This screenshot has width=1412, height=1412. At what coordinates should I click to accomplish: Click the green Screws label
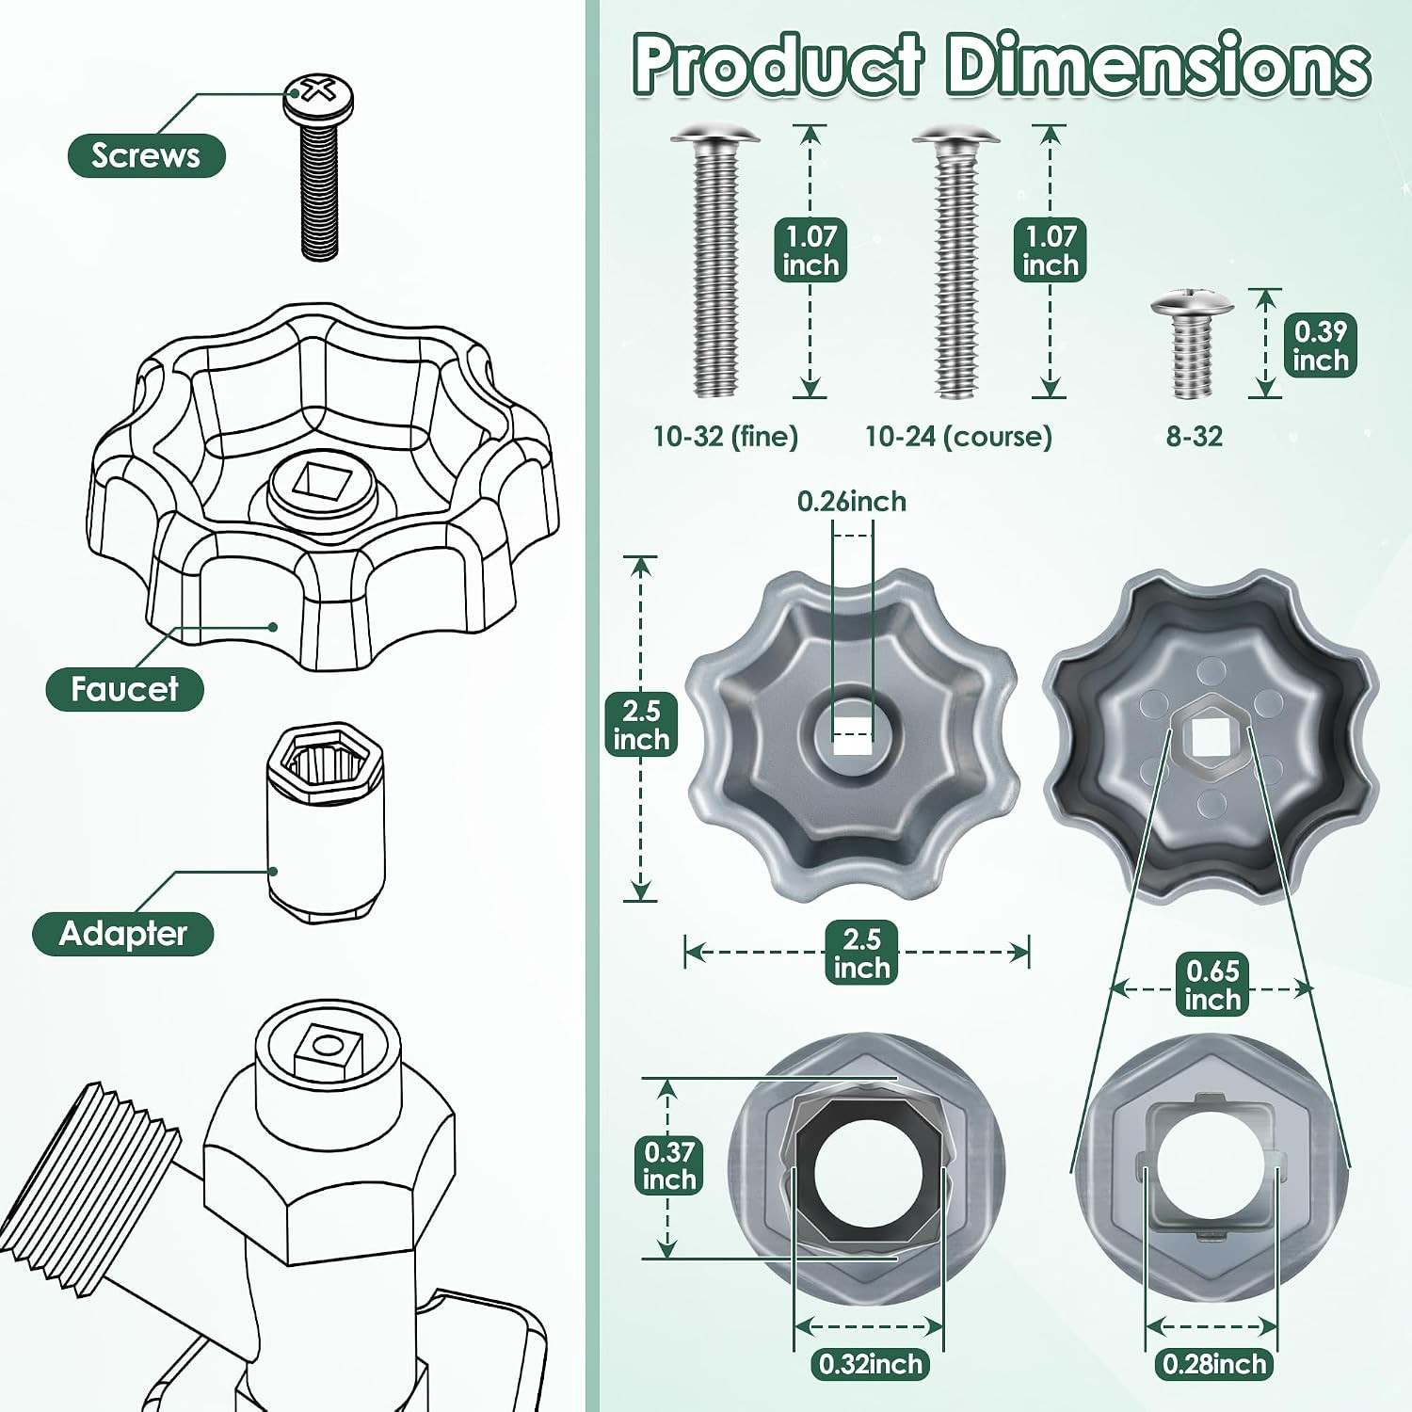tap(146, 155)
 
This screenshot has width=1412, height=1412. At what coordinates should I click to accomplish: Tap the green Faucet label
tap(124, 689)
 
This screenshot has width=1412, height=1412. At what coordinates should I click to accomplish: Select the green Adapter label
tap(123, 934)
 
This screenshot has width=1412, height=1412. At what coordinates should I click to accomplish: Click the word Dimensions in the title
tap(1157, 65)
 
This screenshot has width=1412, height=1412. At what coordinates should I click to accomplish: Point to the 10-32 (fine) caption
tap(726, 437)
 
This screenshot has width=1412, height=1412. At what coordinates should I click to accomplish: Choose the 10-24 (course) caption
tap(958, 437)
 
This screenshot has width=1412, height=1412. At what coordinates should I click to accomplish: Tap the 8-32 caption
tap(1194, 437)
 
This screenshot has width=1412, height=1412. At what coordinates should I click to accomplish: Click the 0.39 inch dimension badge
tap(1321, 345)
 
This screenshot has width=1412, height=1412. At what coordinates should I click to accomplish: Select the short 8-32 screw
tap(1192, 345)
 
